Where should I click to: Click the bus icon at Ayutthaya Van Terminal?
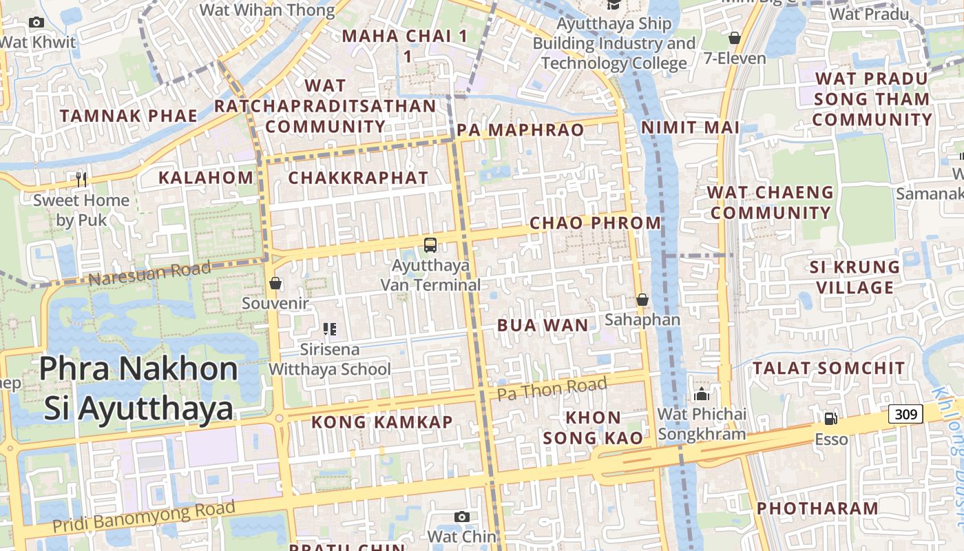click(x=430, y=245)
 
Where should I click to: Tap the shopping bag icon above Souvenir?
click(x=275, y=283)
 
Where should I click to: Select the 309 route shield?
click(x=905, y=414)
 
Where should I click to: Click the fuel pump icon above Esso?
click(x=831, y=418)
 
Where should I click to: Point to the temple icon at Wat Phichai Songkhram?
click(x=702, y=394)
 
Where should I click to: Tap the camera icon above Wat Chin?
click(x=462, y=517)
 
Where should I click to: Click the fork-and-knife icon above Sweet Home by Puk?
click(x=82, y=180)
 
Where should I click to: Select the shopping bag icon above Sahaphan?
click(x=642, y=300)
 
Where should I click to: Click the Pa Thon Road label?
click(x=552, y=388)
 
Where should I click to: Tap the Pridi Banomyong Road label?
click(x=144, y=518)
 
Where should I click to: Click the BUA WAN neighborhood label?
click(x=543, y=325)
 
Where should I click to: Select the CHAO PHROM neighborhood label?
click(x=596, y=222)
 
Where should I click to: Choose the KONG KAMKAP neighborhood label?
click(x=382, y=422)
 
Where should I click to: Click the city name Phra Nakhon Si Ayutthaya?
click(x=138, y=388)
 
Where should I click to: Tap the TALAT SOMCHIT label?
click(x=828, y=368)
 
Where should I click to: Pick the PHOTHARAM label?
click(x=817, y=508)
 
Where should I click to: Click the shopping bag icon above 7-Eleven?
click(x=735, y=38)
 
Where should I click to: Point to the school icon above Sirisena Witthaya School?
click(x=330, y=329)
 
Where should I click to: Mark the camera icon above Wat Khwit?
click(x=36, y=23)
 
